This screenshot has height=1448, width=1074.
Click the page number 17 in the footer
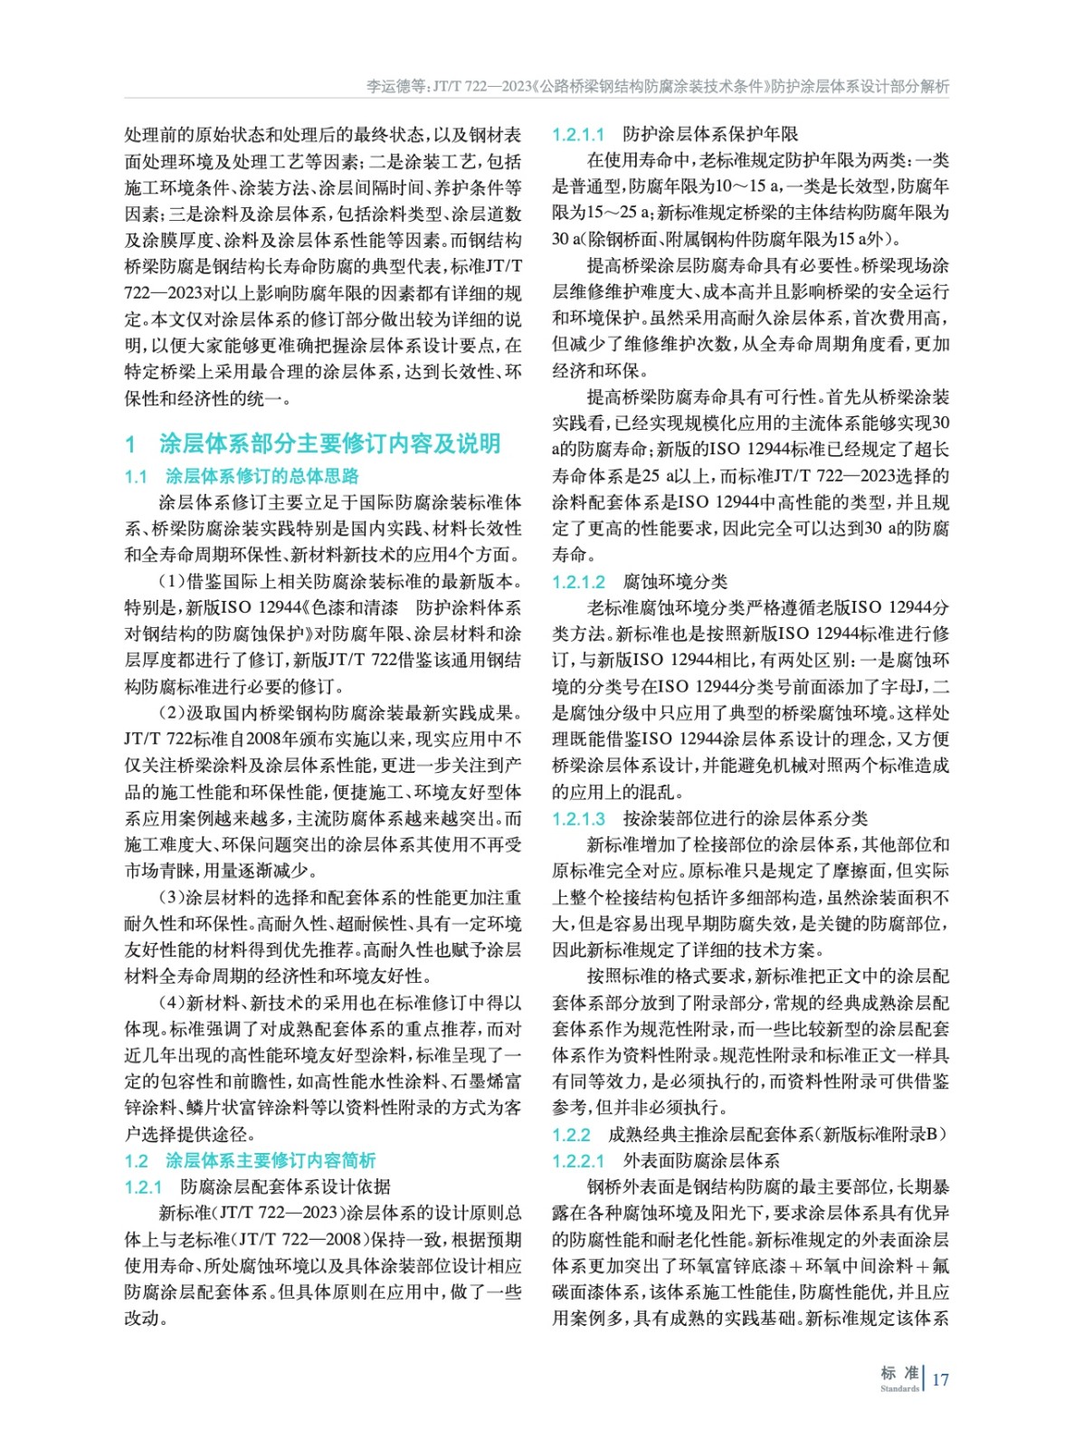[940, 1379]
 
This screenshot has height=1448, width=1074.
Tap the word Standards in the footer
[898, 1388]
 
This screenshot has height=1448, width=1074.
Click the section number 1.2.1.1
[578, 135]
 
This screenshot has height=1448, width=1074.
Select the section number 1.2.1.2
[578, 582]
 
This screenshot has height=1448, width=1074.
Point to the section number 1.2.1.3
[578, 819]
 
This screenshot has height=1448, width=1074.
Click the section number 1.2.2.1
[578, 1161]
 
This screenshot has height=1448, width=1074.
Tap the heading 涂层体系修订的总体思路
[262, 476]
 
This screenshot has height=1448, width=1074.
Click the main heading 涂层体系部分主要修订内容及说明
[329, 443]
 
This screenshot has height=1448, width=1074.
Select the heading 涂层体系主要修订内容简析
[271, 1161]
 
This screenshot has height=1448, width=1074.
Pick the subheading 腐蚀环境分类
[675, 582]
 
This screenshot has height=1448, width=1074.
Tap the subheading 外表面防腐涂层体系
[701, 1161]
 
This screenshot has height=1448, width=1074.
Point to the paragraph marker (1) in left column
[172, 582]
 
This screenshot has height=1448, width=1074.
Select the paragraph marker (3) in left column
[172, 898]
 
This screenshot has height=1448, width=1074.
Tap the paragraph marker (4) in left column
[172, 1004]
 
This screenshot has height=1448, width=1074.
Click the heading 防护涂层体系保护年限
[710, 135]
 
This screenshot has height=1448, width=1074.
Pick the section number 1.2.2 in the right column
[571, 1135]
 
